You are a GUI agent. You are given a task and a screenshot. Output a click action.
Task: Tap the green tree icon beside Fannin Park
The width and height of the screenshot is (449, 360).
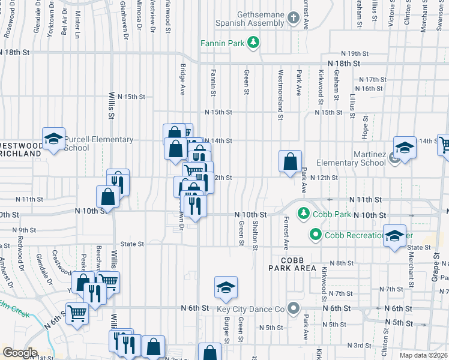click(x=254, y=42)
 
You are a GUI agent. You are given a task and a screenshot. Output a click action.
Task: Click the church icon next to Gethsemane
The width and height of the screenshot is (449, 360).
click(x=293, y=17)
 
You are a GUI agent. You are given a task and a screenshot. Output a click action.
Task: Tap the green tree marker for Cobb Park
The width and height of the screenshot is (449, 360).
click(x=304, y=213)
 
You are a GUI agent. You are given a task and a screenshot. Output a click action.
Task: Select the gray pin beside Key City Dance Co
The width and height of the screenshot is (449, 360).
click(x=293, y=308)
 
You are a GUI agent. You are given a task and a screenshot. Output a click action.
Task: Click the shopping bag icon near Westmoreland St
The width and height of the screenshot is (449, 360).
click(x=290, y=161)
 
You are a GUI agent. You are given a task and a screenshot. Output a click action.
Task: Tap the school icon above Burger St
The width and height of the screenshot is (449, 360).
click(x=226, y=288)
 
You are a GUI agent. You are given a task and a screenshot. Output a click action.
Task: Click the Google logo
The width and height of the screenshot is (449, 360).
click(x=20, y=353)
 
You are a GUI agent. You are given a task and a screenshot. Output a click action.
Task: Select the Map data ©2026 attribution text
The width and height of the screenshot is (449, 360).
click(x=423, y=355)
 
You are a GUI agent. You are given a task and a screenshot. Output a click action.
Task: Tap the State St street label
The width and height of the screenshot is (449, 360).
click(x=132, y=244)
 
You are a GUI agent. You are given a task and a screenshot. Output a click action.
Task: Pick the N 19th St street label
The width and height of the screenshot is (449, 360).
click(x=354, y=53)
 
